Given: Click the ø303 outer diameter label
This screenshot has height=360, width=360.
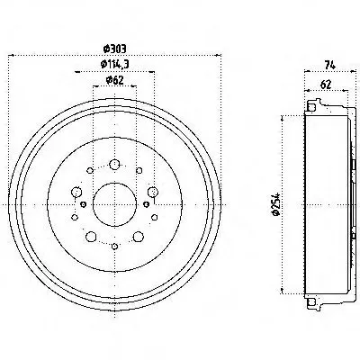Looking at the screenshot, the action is click(x=114, y=49).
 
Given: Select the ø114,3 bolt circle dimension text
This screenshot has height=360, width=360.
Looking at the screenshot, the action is click(x=114, y=64).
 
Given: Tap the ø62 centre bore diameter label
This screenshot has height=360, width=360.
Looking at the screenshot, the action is click(x=114, y=80).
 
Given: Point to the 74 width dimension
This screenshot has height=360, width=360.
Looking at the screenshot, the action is click(x=329, y=65).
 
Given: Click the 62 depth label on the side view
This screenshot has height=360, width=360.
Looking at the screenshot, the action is click(x=326, y=85).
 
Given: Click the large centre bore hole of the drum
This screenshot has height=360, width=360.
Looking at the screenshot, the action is click(x=114, y=204).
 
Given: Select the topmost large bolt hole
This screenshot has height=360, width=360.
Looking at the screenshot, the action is click(x=114, y=165).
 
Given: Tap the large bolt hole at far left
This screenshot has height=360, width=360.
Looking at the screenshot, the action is click(x=76, y=192).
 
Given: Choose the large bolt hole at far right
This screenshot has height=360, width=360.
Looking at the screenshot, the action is click(x=153, y=192).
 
